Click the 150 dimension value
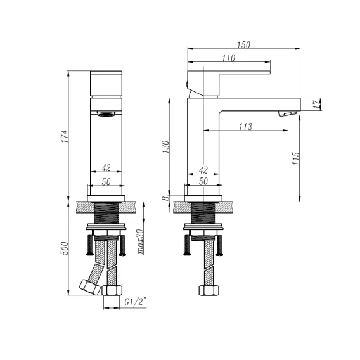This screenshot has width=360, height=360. pyautogui.click(x=243, y=44)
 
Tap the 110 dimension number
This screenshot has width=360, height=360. pyautogui.click(x=229, y=58)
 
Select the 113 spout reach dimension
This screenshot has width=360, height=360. pyautogui.click(x=246, y=127)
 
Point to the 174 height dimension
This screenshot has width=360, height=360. pyautogui.click(x=65, y=136)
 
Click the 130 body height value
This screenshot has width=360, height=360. pyautogui.click(x=165, y=147)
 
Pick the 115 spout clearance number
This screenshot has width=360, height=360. pyautogui.click(x=296, y=158)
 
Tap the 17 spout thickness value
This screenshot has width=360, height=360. pyautogui.click(x=317, y=104)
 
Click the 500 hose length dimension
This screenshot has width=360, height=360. pyautogui.click(x=65, y=248)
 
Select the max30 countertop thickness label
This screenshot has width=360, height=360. pyautogui.click(x=141, y=241)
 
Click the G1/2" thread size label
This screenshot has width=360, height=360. pyautogui.click(x=136, y=302)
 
